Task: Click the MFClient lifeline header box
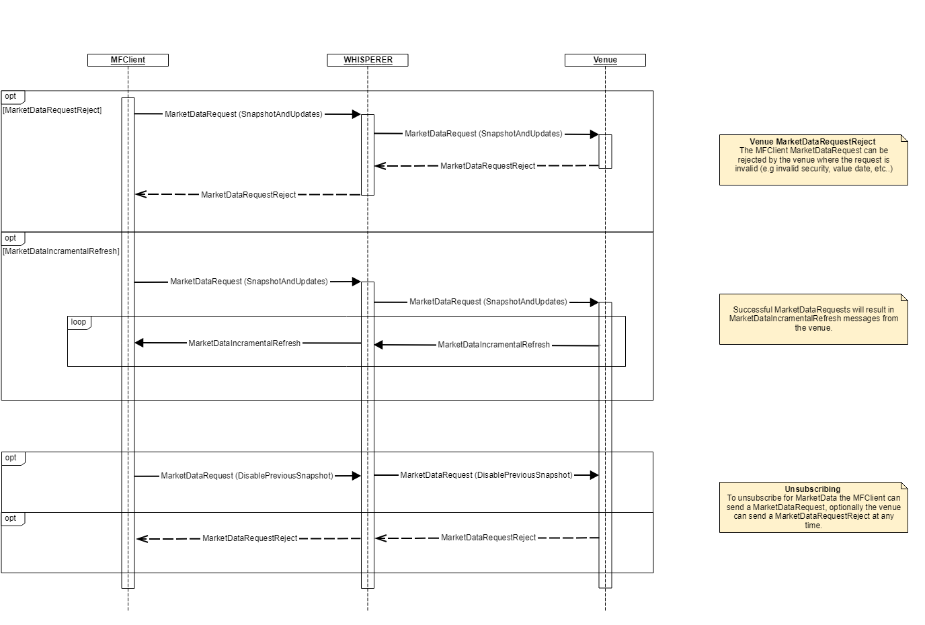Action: pos(128,60)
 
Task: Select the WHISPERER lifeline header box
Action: pos(368,60)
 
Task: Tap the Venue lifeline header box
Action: pos(605,60)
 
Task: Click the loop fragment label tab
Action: pos(79,322)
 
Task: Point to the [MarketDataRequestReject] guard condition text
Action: pos(52,110)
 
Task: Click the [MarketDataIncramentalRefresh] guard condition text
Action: pos(61,251)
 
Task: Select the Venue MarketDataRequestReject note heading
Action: pos(813,142)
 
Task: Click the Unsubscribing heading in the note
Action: pos(813,489)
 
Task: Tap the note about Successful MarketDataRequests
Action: pos(813,319)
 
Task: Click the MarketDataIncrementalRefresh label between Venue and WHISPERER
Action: pos(493,345)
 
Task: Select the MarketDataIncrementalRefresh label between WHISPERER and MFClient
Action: pos(244,343)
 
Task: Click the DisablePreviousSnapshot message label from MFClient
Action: pos(247,476)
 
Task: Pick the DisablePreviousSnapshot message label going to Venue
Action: pos(486,475)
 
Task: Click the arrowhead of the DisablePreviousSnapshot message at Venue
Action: pos(594,475)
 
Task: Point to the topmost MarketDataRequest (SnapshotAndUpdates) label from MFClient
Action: pos(243,114)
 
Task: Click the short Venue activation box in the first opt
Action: pos(605,151)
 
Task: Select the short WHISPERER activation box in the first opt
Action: pos(368,155)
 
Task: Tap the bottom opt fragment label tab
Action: pos(11,518)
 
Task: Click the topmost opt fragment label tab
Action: pos(11,96)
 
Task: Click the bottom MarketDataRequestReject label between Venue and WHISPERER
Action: pos(489,538)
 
